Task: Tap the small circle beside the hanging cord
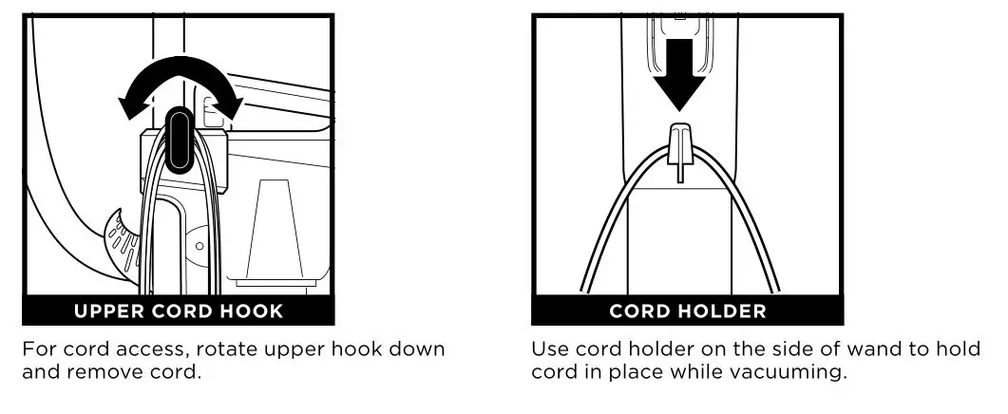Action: coord(200,245)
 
